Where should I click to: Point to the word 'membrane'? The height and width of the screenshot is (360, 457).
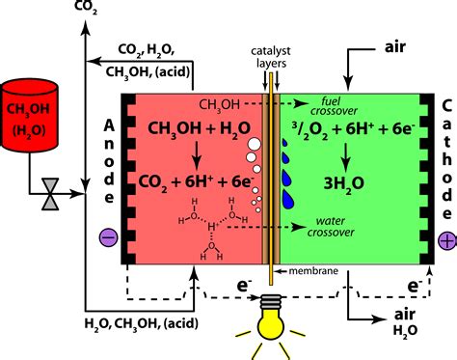(x=313, y=271)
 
